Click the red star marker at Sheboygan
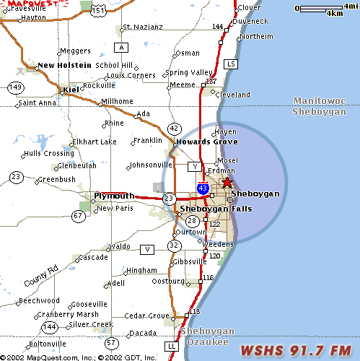(227, 183)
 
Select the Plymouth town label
(114, 196)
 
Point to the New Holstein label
(64, 65)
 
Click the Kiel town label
(71, 90)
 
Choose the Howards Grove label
(206, 142)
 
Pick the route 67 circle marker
(78, 215)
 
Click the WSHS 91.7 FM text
(297, 351)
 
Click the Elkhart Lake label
(94, 142)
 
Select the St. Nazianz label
(144, 27)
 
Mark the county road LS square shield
(231, 64)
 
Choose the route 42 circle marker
(175, 128)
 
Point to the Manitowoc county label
(320, 102)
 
